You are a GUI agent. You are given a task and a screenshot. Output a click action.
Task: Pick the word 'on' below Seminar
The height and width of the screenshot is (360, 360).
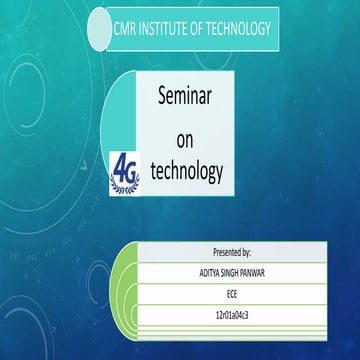point(187,136)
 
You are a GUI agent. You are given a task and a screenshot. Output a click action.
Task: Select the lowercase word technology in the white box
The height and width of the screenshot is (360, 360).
point(187,171)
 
